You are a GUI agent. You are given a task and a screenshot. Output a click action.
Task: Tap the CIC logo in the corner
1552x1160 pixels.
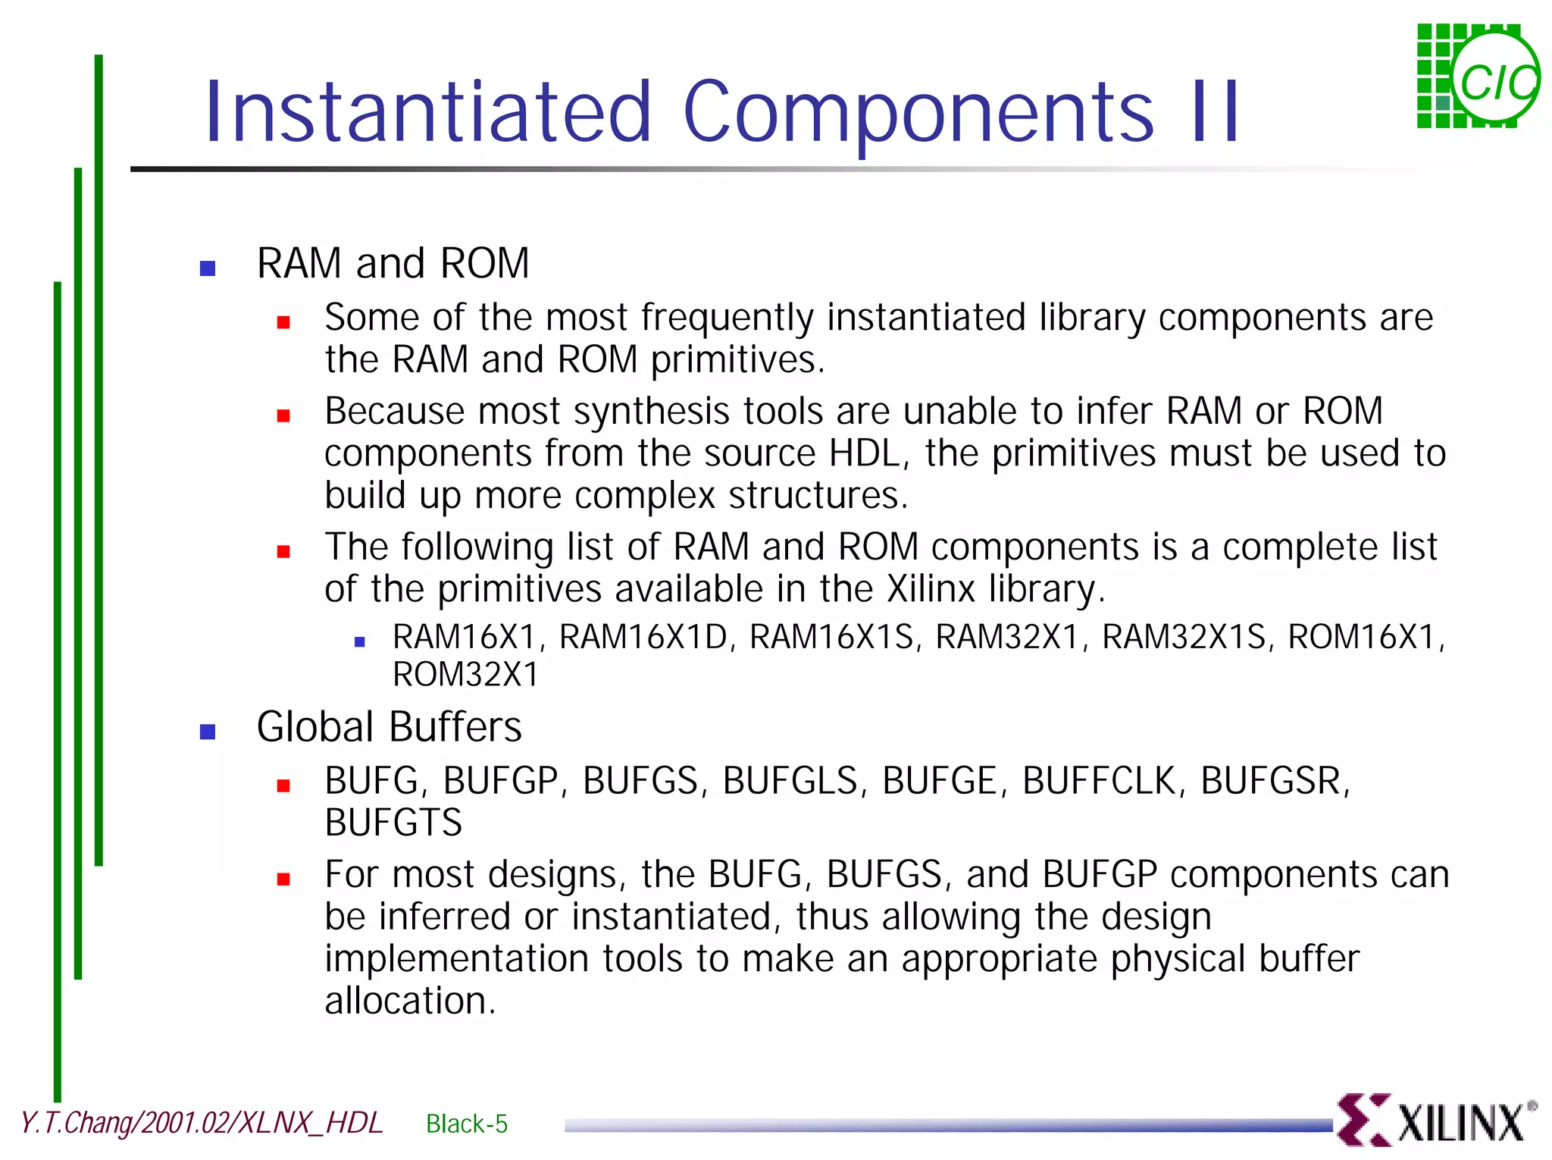1478,77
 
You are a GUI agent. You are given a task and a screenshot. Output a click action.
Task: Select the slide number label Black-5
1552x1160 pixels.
467,1123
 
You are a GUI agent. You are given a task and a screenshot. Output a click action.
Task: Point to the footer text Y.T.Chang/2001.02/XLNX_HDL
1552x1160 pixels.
202,1123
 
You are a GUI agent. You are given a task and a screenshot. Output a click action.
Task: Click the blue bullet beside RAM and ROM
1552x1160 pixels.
208,268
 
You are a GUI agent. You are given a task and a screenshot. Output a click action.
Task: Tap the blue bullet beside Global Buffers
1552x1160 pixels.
208,732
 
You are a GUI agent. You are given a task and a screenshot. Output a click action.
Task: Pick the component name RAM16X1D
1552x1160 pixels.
643,637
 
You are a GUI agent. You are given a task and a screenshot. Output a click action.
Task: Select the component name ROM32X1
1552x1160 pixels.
465,675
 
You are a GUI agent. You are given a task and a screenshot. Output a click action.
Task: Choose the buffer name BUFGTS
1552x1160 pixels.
393,823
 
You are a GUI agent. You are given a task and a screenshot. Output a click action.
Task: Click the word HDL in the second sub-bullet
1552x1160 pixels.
864,453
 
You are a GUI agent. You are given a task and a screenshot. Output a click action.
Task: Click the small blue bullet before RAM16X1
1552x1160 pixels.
360,642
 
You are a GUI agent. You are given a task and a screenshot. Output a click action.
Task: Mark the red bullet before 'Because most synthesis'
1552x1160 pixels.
283,416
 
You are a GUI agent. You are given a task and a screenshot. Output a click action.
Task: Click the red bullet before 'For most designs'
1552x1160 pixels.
283,879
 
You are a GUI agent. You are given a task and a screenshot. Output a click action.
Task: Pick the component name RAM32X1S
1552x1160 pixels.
1183,637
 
